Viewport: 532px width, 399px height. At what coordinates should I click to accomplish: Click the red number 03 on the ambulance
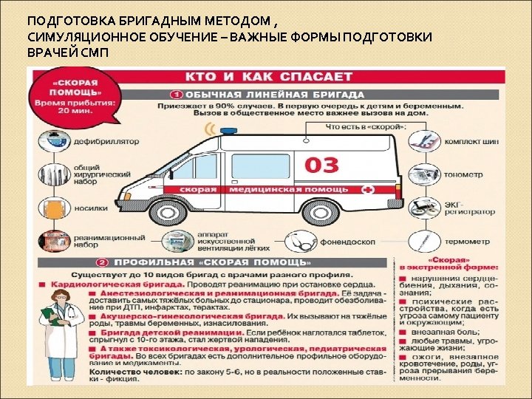pos(322,164)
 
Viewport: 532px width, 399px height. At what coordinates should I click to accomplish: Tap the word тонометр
pos(463,175)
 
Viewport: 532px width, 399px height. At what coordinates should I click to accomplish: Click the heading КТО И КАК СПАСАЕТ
pos(270,77)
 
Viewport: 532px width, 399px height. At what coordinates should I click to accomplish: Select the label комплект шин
pos(471,141)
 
